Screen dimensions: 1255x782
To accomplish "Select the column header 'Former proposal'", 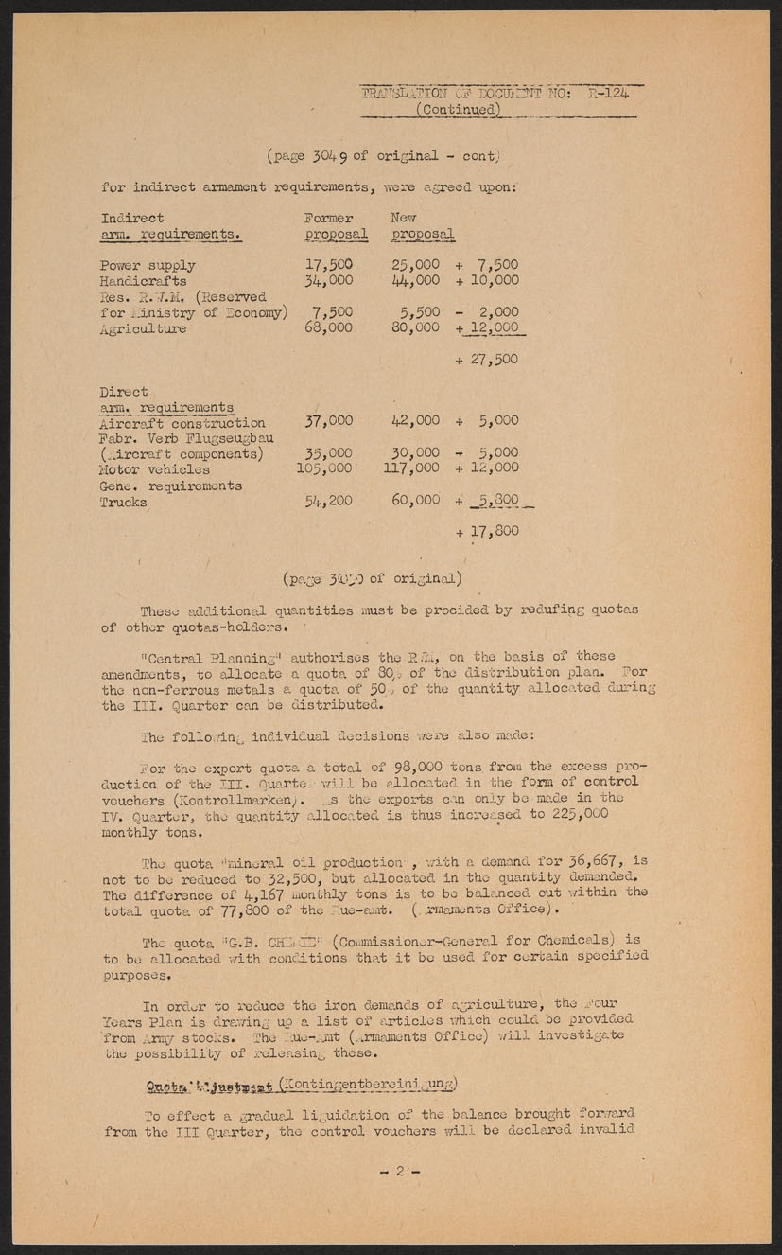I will [336, 226].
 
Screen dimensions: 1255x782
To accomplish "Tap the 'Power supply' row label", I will [148, 265].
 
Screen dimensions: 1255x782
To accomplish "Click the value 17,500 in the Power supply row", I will [329, 265].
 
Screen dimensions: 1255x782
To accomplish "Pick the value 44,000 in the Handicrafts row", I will [415, 281].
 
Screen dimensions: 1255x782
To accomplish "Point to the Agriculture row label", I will [143, 328].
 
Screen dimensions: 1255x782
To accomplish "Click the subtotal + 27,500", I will [486, 360].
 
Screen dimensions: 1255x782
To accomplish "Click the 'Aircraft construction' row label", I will [182, 423].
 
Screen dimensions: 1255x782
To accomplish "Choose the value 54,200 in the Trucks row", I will [329, 501].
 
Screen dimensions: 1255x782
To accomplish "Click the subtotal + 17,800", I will [486, 532].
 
